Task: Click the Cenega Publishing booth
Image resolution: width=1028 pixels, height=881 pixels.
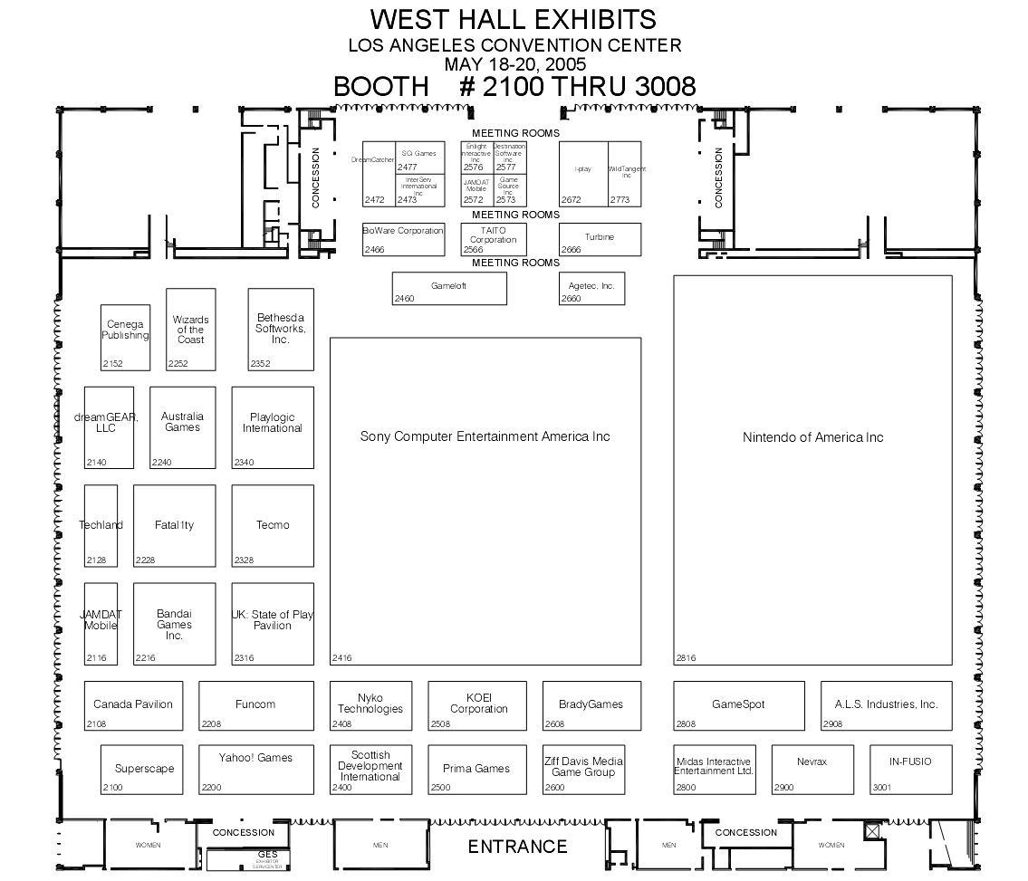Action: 125,336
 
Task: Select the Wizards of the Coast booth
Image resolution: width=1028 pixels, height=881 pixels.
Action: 191,330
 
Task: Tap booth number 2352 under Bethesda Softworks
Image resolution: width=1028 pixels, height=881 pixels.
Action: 260,364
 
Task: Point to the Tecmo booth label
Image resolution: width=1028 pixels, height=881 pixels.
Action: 273,525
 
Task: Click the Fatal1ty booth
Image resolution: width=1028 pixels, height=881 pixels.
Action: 174,525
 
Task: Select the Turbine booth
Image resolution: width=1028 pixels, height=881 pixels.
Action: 600,238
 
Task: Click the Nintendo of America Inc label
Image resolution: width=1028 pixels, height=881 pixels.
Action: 812,437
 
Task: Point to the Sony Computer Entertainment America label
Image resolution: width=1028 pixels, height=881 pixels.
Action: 485,436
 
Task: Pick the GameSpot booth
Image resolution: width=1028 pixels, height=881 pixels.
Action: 738,704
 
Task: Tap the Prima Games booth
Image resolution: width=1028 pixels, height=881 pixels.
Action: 476,769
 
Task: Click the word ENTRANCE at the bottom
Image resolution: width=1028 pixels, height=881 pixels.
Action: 517,847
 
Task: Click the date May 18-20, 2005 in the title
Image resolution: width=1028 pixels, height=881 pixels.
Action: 514,64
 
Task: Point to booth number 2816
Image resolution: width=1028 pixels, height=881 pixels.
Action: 686,658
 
